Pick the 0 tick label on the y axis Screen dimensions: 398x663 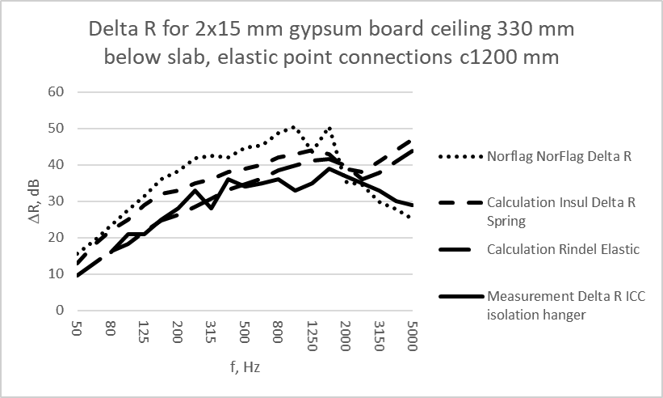click(59, 310)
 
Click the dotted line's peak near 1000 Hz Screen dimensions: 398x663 click(294, 126)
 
